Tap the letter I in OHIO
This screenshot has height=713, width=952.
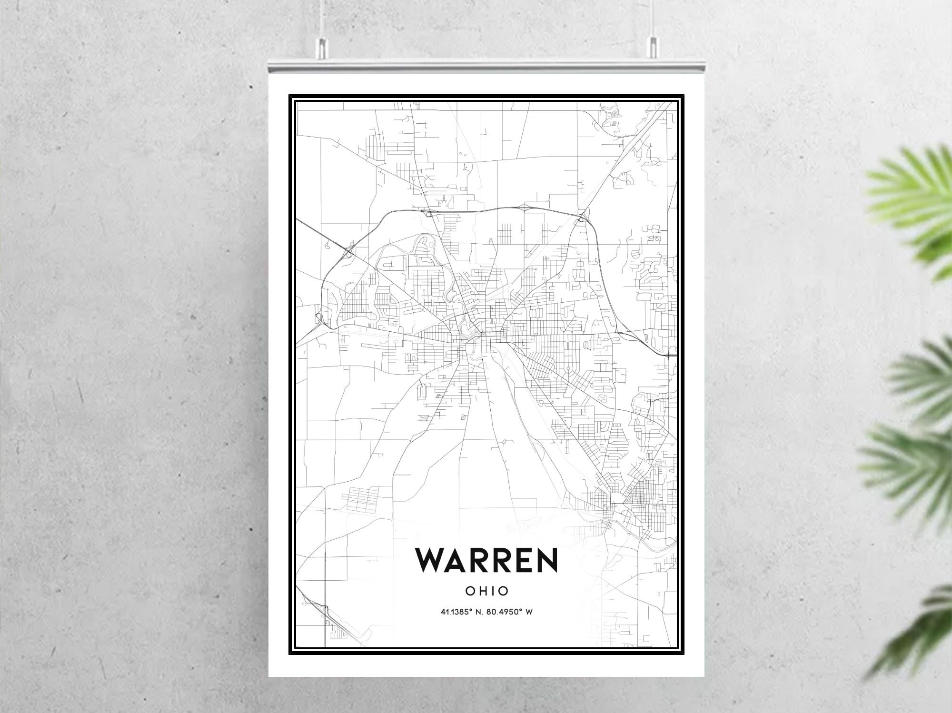pos(494,591)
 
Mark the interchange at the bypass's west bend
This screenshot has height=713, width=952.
pos(349,252)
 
